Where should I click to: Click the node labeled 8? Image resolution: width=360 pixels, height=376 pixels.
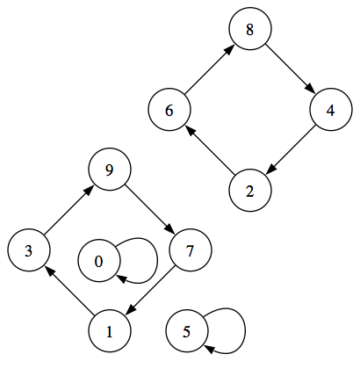(x=250, y=30)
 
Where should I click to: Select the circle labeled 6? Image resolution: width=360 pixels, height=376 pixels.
(x=169, y=111)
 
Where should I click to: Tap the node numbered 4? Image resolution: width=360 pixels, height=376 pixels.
(x=330, y=111)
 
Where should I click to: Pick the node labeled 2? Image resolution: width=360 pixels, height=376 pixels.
(x=250, y=191)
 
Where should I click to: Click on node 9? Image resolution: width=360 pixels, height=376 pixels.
(x=110, y=170)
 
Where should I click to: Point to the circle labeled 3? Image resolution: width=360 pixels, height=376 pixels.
(x=29, y=251)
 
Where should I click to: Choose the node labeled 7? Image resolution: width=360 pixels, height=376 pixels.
(x=190, y=251)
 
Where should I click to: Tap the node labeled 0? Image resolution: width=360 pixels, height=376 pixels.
(x=98, y=261)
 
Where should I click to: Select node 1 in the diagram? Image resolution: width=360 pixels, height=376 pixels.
(x=110, y=331)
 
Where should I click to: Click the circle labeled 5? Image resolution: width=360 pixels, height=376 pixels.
(x=186, y=331)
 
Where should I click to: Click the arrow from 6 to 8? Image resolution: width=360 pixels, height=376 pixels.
(x=210, y=70)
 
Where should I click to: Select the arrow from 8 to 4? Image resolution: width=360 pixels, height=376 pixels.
(x=290, y=70)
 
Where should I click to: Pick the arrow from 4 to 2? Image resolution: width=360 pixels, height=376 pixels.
(x=290, y=151)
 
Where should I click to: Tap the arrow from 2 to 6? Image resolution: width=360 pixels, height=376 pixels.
(x=210, y=151)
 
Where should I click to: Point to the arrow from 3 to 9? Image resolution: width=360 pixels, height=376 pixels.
(x=69, y=211)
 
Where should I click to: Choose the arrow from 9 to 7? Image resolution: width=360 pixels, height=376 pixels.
(x=149, y=211)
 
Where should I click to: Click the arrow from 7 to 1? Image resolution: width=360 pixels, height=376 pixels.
(x=149, y=292)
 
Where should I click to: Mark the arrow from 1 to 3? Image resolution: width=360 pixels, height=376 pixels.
(x=69, y=292)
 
